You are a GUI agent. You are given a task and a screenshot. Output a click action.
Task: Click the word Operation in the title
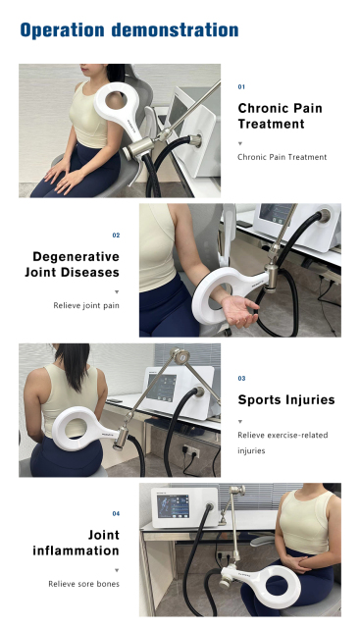(62, 30)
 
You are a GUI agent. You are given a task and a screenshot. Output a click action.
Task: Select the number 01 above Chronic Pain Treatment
(242, 87)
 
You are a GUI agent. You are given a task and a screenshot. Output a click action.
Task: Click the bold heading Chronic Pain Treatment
(280, 116)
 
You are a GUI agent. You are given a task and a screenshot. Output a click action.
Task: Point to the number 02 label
(116, 235)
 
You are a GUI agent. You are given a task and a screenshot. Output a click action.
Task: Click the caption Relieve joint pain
(86, 305)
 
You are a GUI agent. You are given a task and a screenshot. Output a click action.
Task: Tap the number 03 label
(242, 378)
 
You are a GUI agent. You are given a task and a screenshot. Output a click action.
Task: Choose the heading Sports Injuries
(285, 399)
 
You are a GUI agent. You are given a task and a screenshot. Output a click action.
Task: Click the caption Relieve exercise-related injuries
(282, 443)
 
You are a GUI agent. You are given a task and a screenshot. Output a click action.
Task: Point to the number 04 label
(116, 513)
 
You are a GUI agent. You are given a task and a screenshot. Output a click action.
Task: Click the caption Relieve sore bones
(84, 584)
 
